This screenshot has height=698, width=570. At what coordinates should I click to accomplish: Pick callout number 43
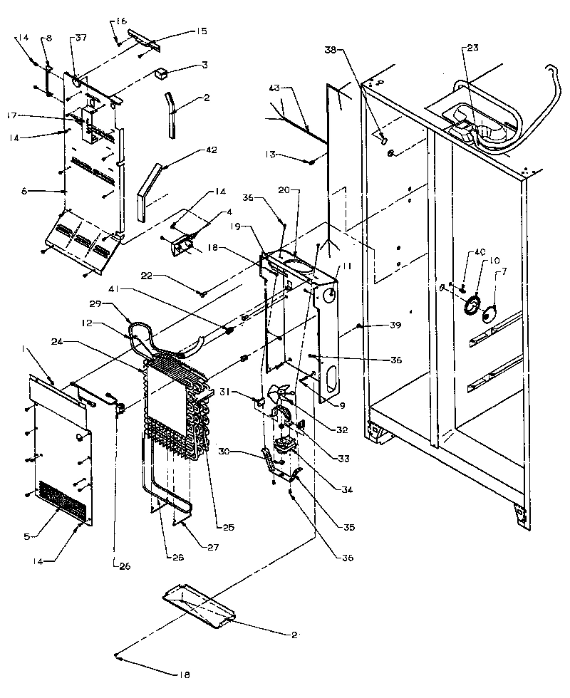(275, 88)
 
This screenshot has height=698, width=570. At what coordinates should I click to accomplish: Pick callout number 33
(344, 459)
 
